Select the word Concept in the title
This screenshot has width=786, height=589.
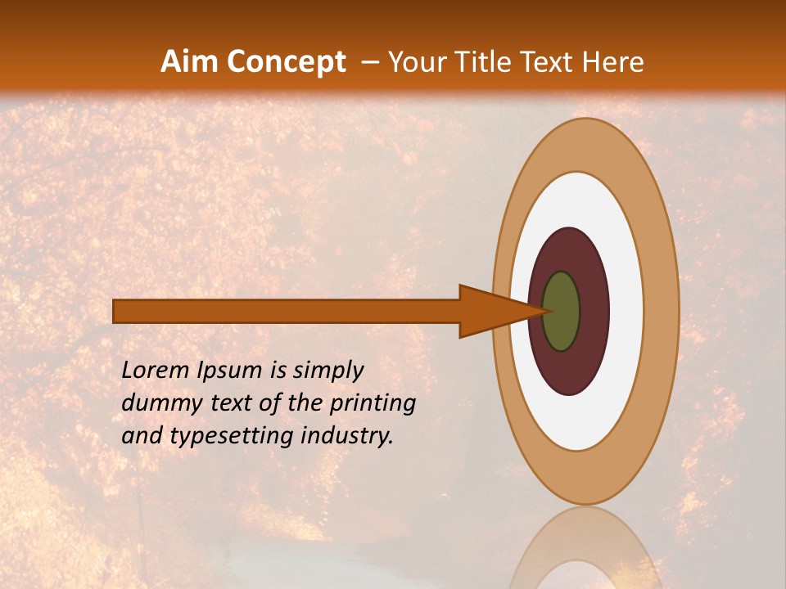tap(286, 62)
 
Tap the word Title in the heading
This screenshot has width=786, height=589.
tap(485, 62)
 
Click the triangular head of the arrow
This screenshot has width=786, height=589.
tap(491, 311)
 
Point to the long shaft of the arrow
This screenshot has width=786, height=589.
tap(287, 311)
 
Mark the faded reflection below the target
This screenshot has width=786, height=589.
tap(585, 552)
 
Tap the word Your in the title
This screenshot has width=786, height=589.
tap(416, 62)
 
